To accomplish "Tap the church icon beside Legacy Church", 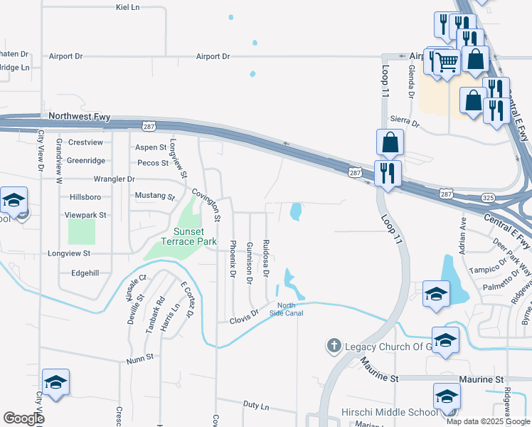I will click(333, 347).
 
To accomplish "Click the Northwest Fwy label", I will click(76, 115).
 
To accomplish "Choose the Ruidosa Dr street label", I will click(266, 257).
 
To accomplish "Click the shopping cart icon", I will click(447, 63).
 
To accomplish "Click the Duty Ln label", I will click(255, 406).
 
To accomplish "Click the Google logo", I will click(23, 418).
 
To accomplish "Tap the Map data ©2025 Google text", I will click(487, 421).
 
